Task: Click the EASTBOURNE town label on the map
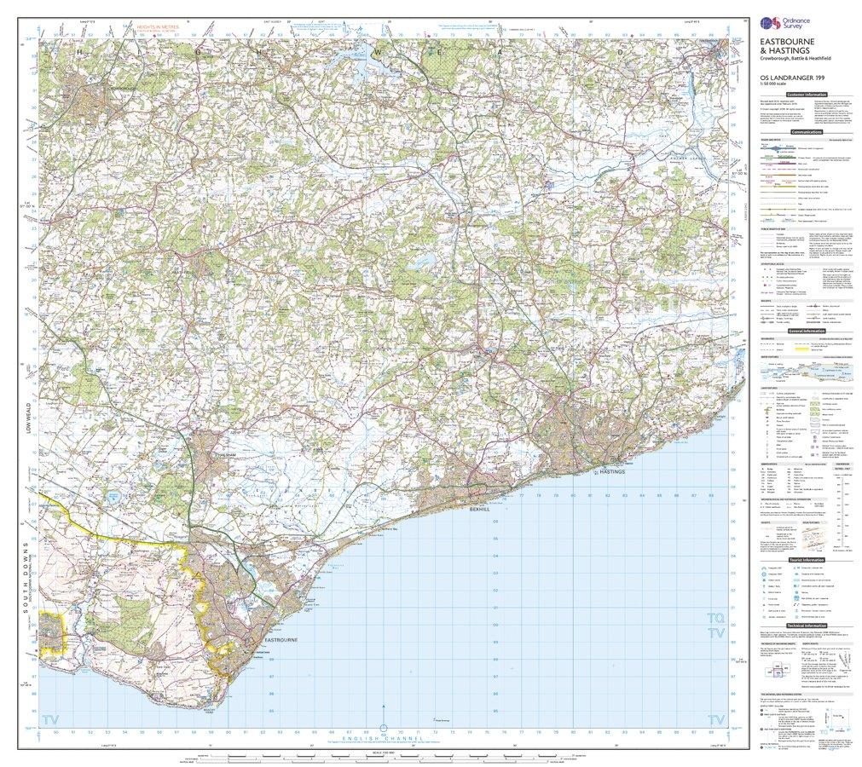281,639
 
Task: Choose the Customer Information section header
806,95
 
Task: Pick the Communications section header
806,132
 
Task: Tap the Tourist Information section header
806,560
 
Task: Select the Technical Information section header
806,625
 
